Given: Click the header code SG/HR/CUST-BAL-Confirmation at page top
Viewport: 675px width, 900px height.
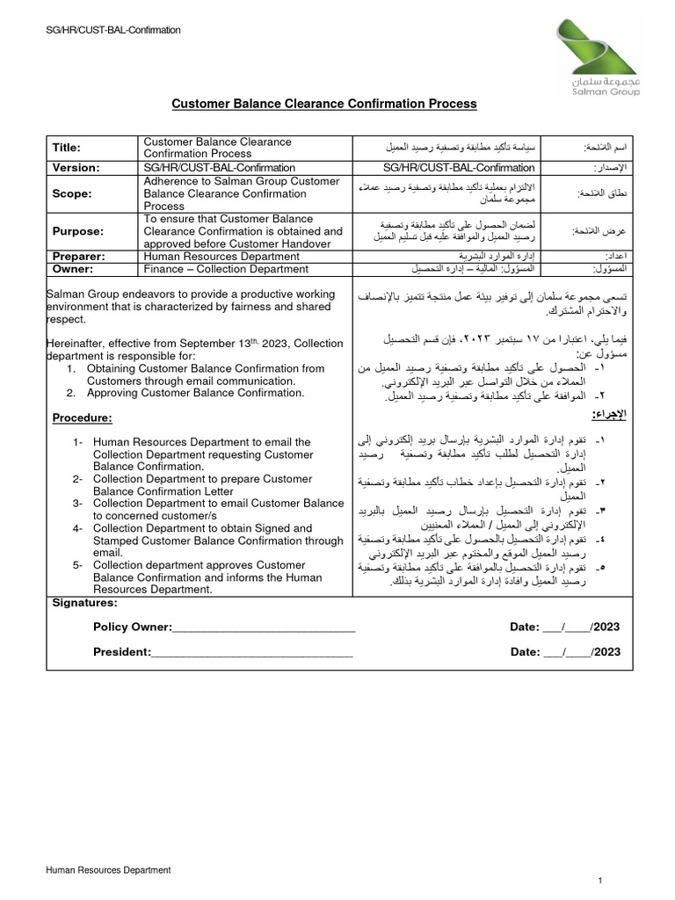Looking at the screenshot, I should pos(113,30).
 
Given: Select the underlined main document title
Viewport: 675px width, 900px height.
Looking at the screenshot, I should pos(323,104).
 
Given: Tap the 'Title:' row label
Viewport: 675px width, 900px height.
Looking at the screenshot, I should pos(67,148).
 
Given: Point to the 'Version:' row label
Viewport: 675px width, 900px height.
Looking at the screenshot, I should pos(76,167).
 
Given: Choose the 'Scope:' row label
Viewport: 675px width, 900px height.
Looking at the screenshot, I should pos(70,192).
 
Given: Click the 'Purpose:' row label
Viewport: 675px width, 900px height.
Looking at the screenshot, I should pos(77,231).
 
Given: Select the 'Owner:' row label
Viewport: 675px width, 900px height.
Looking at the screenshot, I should pos(73,269).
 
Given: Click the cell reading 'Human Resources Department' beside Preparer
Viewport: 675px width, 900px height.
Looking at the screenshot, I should pos(221,257).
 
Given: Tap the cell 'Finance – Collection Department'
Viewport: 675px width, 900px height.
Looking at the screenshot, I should pos(230,269).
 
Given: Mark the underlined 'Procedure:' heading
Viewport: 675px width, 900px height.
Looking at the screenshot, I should pos(83,417).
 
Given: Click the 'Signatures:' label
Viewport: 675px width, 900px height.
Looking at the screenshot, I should pos(84,603).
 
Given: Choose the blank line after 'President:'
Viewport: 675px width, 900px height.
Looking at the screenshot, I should pos(252,652).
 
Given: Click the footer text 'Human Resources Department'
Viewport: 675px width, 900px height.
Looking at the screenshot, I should pos(108,870).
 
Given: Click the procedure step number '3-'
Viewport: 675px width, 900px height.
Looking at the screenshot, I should pos(77,504).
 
